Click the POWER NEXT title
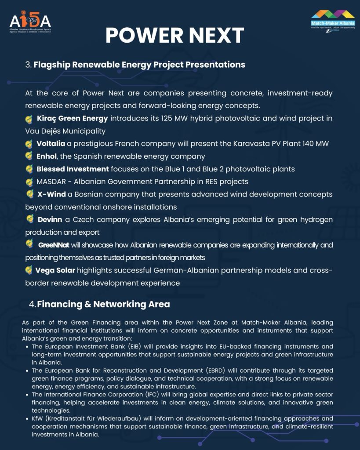[175, 35]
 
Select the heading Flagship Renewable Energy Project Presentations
[139, 65]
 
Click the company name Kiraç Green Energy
[73, 118]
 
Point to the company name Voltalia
[51, 144]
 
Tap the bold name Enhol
[47, 156]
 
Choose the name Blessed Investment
[73, 169]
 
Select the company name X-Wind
[51, 194]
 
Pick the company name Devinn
[50, 219]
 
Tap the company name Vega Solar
[55, 270]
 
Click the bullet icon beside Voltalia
[29, 144]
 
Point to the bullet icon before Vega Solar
[29, 270]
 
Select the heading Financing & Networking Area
[103, 304]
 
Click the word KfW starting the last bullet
[38, 418]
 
